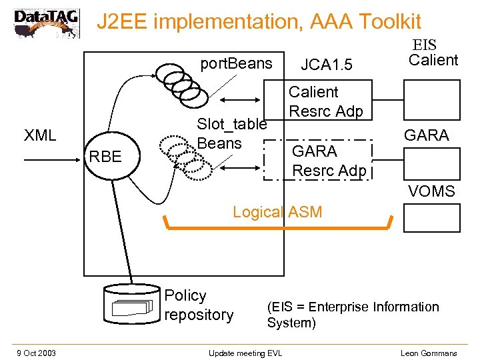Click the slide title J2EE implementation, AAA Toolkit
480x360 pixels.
pyautogui.click(x=259, y=22)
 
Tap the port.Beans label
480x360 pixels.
pyautogui.click(x=237, y=63)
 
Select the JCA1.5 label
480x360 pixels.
pyautogui.click(x=326, y=65)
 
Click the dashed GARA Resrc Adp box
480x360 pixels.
pyautogui.click(x=317, y=161)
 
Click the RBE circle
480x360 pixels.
pyautogui.click(x=105, y=157)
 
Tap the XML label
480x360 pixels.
pyautogui.click(x=40, y=135)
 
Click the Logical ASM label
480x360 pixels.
pyautogui.click(x=277, y=212)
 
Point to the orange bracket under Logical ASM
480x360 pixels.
pyautogui.click(x=277, y=229)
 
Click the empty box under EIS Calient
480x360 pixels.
pyautogui.click(x=431, y=98)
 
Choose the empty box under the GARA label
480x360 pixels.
pyautogui.click(x=431, y=164)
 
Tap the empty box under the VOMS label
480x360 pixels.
pyautogui.click(x=431, y=217)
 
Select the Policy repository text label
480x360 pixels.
pyautogui.click(x=199, y=305)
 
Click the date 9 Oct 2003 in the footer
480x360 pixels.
pyautogui.click(x=37, y=352)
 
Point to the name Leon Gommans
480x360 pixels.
pyautogui.click(x=429, y=352)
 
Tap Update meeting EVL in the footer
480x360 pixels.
pyautogui.click(x=245, y=352)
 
